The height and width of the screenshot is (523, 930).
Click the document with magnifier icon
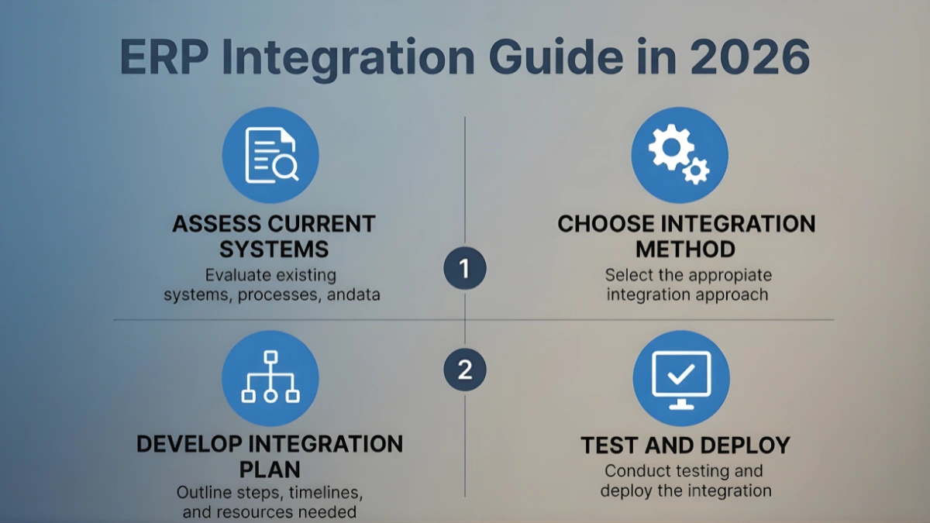(270, 155)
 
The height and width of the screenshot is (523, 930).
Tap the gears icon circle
(680, 155)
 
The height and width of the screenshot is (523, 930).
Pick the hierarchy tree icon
(270, 377)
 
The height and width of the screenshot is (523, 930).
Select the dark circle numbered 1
(464, 269)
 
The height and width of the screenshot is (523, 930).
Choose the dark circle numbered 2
(464, 369)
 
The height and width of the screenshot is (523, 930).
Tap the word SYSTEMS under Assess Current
(274, 249)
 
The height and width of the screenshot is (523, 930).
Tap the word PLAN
(270, 470)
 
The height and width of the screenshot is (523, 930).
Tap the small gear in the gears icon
(697, 169)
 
